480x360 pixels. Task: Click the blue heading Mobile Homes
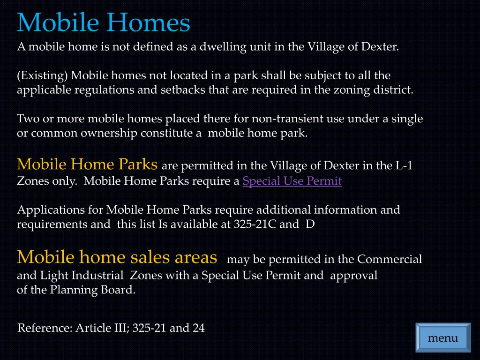[x=104, y=22]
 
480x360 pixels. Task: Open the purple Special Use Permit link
[x=292, y=181]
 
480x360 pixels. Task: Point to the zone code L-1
[x=404, y=166]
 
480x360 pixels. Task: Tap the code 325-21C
[x=255, y=224]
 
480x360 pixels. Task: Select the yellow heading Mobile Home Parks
[x=87, y=165]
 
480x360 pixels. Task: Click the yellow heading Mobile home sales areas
[x=117, y=257]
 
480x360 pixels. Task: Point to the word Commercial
[x=390, y=259]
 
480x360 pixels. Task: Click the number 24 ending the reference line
[x=198, y=328]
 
